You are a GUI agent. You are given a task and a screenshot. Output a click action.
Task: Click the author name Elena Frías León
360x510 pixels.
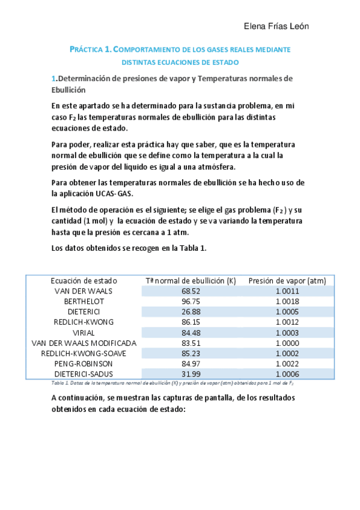(276, 26)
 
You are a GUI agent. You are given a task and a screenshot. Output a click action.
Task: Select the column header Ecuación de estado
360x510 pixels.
(84, 280)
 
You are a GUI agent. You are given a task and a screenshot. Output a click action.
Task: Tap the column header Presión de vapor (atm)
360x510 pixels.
(287, 280)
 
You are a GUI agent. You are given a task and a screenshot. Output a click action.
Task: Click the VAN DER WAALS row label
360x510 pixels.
(84, 291)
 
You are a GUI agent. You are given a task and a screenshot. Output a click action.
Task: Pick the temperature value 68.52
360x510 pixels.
(191, 291)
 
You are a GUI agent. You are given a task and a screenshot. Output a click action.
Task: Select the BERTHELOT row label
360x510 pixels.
(84, 301)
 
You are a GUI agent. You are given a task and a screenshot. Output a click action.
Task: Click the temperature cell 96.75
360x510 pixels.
(191, 301)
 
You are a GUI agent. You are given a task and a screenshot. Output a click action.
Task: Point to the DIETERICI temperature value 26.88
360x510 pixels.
(191, 312)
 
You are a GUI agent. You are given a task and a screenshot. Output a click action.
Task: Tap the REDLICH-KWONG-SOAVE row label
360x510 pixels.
(84, 353)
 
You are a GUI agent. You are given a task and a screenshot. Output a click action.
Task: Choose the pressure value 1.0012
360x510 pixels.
(287, 322)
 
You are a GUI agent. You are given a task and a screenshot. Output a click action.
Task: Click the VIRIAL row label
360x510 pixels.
(84, 333)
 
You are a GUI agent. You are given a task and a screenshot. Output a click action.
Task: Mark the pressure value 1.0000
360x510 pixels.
(287, 343)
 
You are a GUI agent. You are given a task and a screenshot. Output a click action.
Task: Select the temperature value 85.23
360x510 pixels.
(191, 353)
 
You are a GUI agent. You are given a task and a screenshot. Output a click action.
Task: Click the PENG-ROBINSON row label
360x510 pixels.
(84, 363)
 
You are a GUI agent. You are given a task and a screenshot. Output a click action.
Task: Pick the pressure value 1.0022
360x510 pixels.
(287, 363)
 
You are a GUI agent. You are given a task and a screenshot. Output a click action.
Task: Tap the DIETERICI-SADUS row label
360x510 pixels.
(84, 373)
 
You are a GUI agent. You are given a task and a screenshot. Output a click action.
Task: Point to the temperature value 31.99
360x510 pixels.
(191, 373)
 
